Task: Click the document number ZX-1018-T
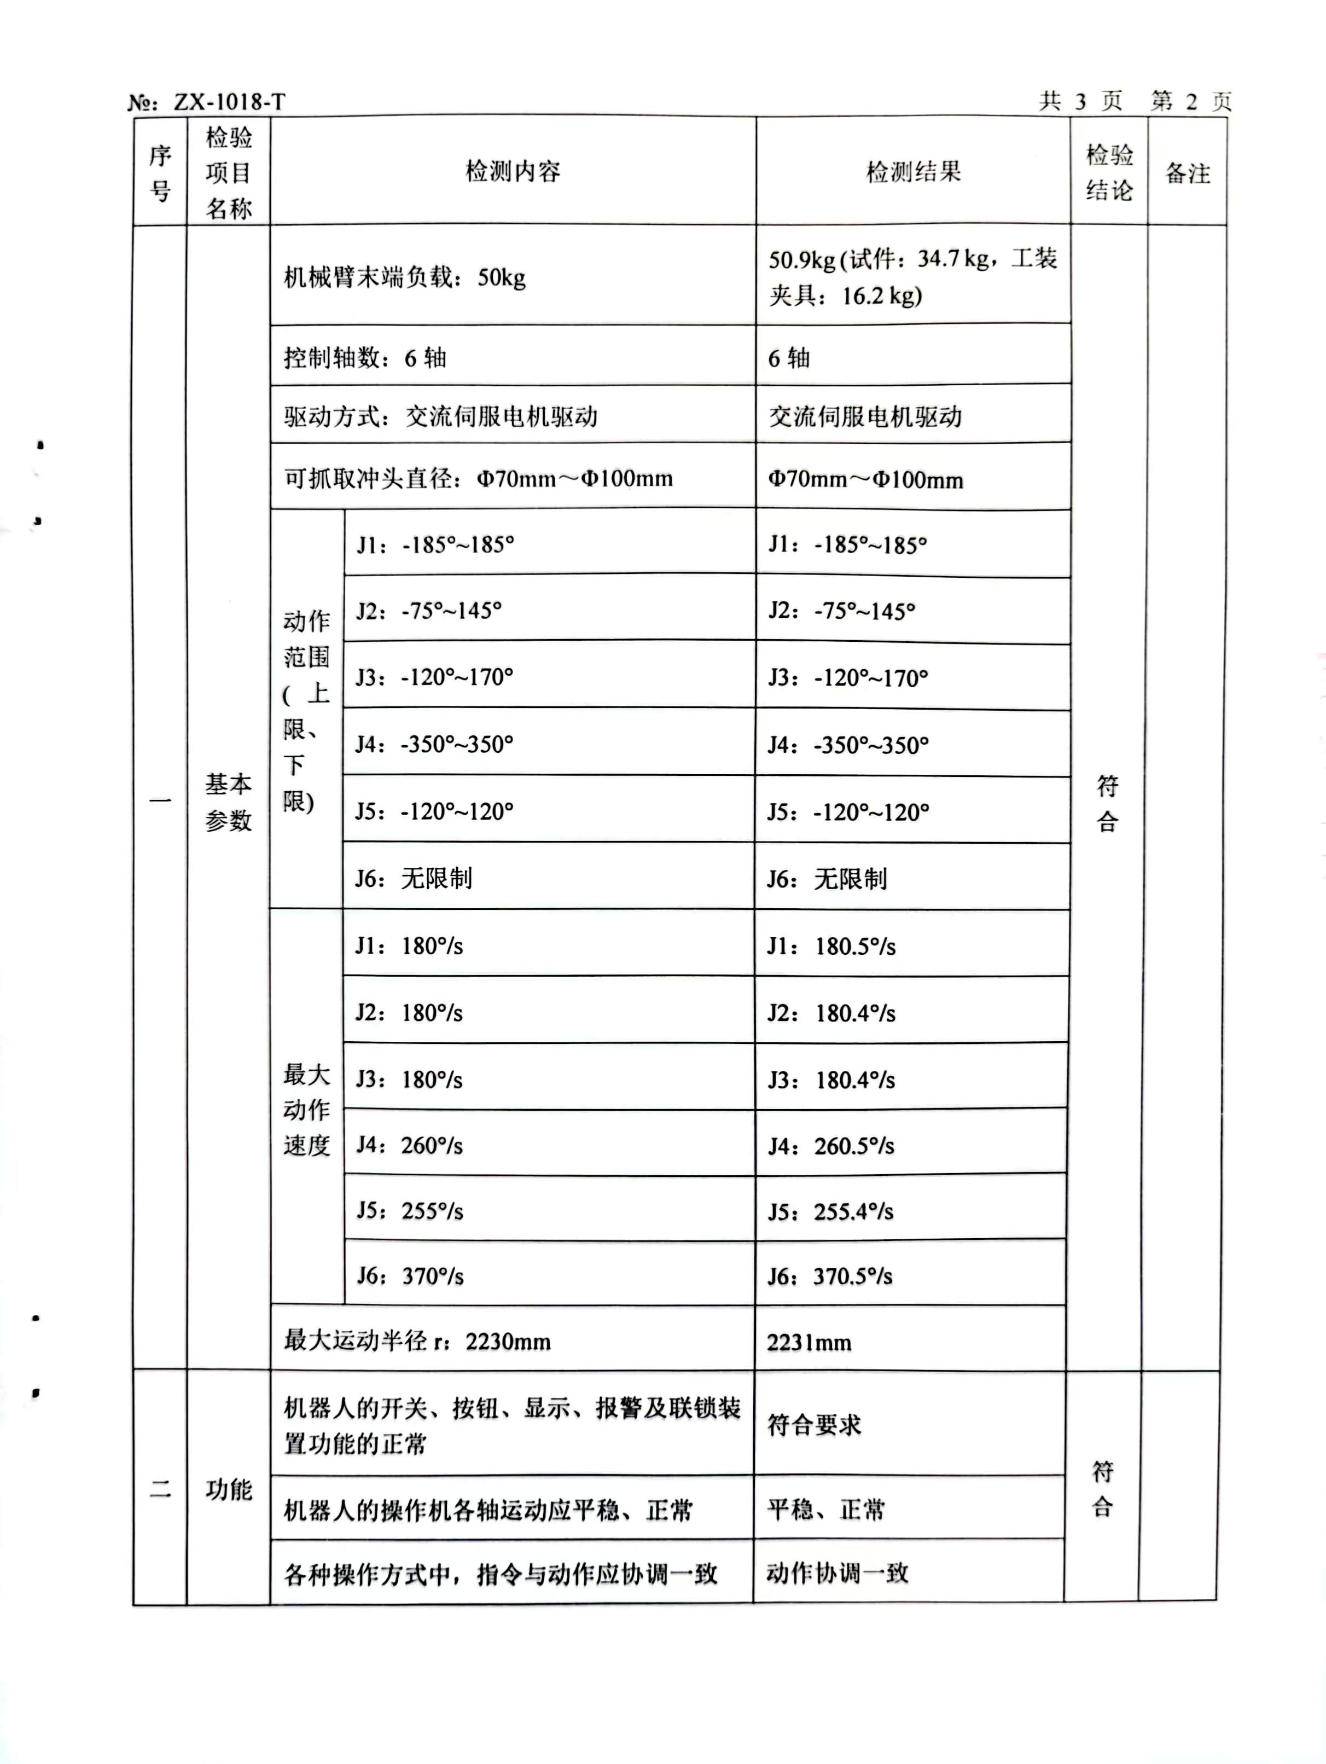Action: [x=228, y=102]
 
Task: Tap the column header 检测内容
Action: [x=513, y=171]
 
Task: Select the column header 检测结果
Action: [x=913, y=171]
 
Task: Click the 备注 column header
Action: [x=1187, y=173]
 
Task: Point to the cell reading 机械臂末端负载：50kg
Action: [x=404, y=277]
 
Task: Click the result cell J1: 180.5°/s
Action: [x=831, y=947]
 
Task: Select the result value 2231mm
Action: [x=809, y=1343]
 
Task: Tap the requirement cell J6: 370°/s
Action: [x=409, y=1276]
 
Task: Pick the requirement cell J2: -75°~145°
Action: [x=428, y=611]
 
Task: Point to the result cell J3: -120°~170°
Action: [x=847, y=678]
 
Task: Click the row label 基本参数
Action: [x=228, y=802]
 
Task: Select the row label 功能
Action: [x=228, y=1490]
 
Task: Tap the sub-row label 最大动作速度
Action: [x=306, y=1109]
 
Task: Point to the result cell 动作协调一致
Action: [x=837, y=1572]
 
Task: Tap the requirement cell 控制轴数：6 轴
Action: [x=364, y=358]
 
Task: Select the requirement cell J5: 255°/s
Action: [x=409, y=1210]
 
